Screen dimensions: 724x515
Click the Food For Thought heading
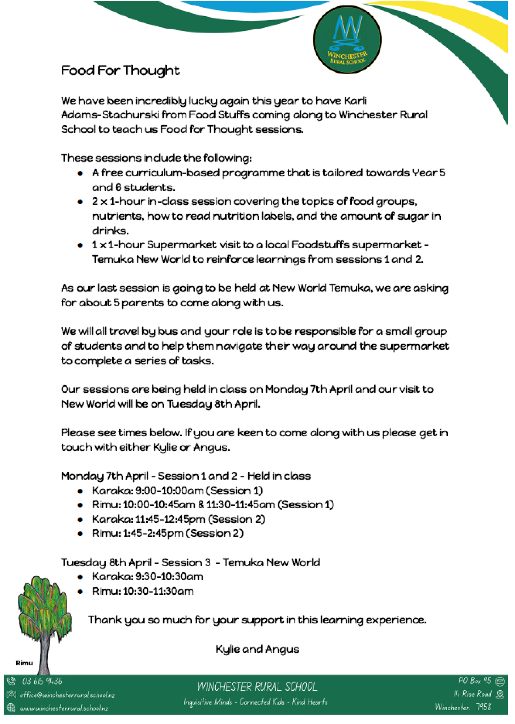coord(120,70)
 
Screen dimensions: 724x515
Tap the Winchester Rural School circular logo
coord(347,39)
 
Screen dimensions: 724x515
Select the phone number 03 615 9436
coord(42,681)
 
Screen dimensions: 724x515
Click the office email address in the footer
coord(67,695)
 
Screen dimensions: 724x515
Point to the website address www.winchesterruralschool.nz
coord(64,708)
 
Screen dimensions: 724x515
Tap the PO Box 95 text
coord(474,681)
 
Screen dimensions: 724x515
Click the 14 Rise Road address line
coord(472,694)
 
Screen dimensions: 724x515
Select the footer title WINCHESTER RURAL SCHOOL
coord(257,687)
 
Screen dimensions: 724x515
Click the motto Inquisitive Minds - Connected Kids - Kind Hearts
coord(256,702)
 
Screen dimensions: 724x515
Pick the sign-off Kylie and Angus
coord(257,649)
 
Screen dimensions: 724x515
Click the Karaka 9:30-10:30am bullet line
coord(147,576)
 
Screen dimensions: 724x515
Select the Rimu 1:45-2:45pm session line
coord(168,533)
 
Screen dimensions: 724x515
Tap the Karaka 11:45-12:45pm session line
coord(178,519)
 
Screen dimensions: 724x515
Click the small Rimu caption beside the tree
coord(24,663)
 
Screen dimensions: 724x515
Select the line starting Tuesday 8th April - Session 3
coord(190,562)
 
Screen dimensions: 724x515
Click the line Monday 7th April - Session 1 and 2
coord(186,476)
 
